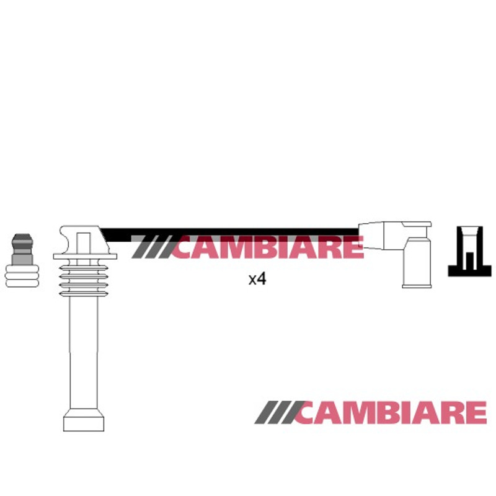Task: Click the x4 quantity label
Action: pyautogui.click(x=257, y=279)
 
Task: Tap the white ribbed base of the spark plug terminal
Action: pyautogui.click(x=22, y=276)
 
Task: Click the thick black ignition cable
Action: pyautogui.click(x=230, y=235)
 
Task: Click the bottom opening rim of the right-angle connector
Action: pyautogui.click(x=417, y=286)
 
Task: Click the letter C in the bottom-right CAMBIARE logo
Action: pyautogui.click(x=309, y=412)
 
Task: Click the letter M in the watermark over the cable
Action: pyautogui.click(x=234, y=247)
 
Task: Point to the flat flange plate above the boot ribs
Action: pyautogui.click(x=85, y=256)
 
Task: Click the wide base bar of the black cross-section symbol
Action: pyautogui.click(x=470, y=271)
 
